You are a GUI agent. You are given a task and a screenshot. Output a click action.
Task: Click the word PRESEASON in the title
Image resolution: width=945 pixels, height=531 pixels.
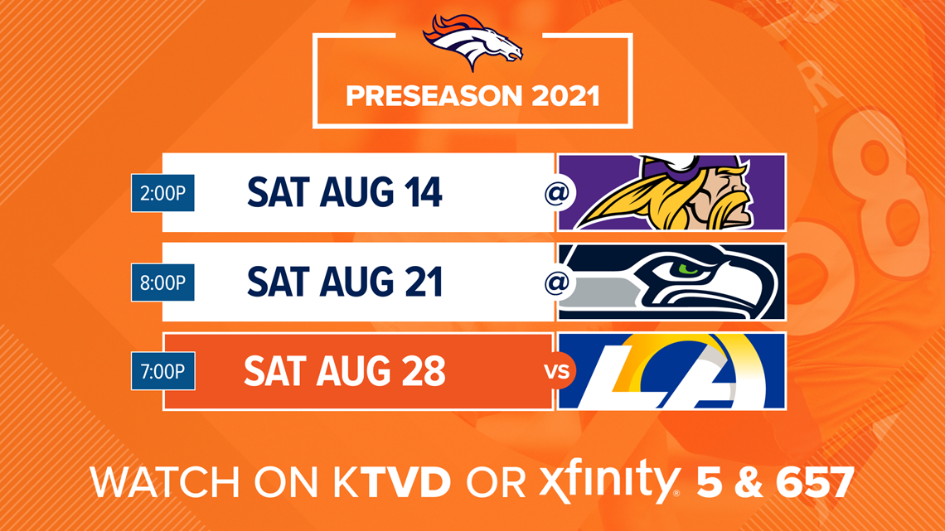tap(434, 96)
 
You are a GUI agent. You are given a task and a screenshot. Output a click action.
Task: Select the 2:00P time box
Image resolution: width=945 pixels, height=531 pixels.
tap(162, 193)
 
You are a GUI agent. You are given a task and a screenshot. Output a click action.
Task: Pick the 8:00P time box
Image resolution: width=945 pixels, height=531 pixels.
tap(162, 282)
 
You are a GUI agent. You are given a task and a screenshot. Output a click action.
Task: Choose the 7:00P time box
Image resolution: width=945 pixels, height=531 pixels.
tap(162, 371)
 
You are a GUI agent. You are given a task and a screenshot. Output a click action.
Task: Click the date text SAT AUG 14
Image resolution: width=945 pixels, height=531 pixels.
tap(345, 193)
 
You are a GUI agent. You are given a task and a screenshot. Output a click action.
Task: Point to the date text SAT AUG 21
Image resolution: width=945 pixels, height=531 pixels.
tap(345, 282)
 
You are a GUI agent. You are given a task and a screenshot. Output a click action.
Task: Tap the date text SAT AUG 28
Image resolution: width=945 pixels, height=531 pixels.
tap(345, 371)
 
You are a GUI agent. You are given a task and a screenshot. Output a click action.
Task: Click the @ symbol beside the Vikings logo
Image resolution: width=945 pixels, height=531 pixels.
tap(557, 193)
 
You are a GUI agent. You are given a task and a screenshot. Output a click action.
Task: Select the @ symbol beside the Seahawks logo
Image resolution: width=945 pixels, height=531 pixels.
tap(557, 282)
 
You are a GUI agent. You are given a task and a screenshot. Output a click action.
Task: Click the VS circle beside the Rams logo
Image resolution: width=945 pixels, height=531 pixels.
tap(557, 371)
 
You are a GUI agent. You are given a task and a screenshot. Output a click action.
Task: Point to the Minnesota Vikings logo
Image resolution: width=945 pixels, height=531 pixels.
tap(672, 193)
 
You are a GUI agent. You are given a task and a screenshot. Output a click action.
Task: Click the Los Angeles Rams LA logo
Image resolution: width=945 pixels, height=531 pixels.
tap(672, 371)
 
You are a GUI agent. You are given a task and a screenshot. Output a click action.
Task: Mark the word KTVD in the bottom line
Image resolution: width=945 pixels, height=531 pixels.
tap(392, 482)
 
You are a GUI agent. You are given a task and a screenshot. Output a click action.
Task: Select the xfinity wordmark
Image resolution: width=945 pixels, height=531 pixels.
tap(608, 480)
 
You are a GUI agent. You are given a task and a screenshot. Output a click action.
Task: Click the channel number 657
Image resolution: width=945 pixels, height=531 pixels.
tap(814, 482)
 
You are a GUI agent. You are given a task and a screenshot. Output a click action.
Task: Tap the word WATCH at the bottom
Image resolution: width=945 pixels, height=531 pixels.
tap(164, 482)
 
